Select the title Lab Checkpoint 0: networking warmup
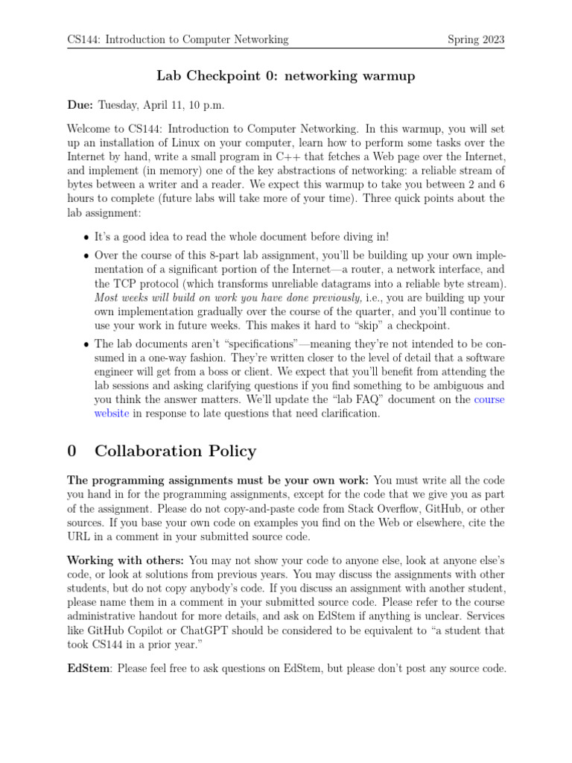[x=285, y=76]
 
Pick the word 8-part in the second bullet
[x=239, y=256]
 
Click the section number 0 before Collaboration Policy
[x=72, y=451]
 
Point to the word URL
[x=78, y=536]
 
